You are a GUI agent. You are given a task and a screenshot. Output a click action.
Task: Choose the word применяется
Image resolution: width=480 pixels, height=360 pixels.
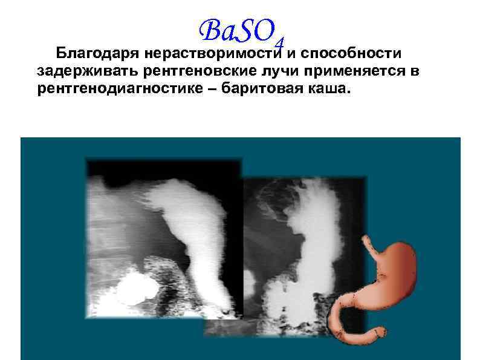tap(353, 71)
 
